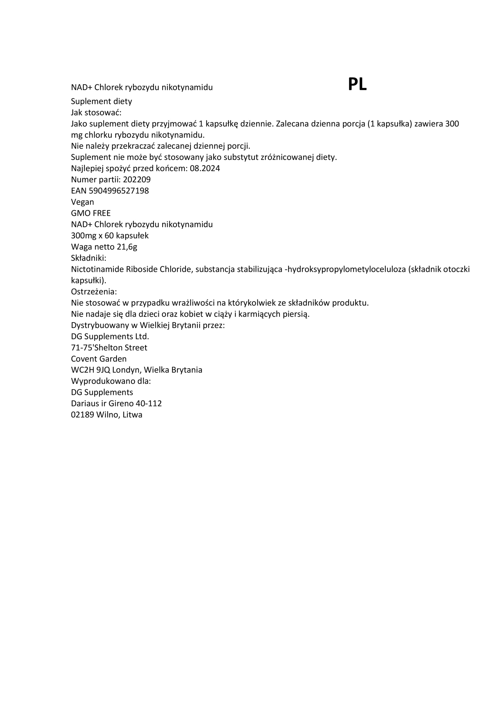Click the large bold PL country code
tap(357, 85)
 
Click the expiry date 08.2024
tap(205, 168)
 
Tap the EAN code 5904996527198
tap(119, 191)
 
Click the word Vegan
tap(82, 202)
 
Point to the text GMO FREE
tap(91, 213)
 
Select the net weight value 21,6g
tap(127, 247)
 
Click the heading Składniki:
tap(88, 258)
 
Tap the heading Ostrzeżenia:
tap(94, 292)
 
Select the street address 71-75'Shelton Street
tap(109, 348)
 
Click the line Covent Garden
tap(99, 359)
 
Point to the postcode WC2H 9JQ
tap(90, 370)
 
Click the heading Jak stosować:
tap(96, 112)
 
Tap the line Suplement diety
tap(101, 101)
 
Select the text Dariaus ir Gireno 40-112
tap(116, 404)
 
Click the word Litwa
tap(132, 415)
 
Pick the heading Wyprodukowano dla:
tap(111, 381)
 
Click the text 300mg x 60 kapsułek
tap(110, 236)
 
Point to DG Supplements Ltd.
tap(110, 337)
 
